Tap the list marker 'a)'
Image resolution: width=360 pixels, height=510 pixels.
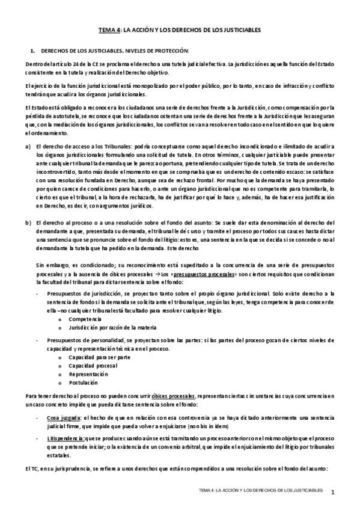[28, 146]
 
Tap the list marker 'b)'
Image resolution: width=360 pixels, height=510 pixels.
[28, 223]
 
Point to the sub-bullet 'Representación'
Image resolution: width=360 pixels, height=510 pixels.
[87, 373]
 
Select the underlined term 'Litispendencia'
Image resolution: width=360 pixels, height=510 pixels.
[66, 439]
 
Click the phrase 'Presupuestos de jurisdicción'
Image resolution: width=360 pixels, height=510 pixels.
[81, 292]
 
